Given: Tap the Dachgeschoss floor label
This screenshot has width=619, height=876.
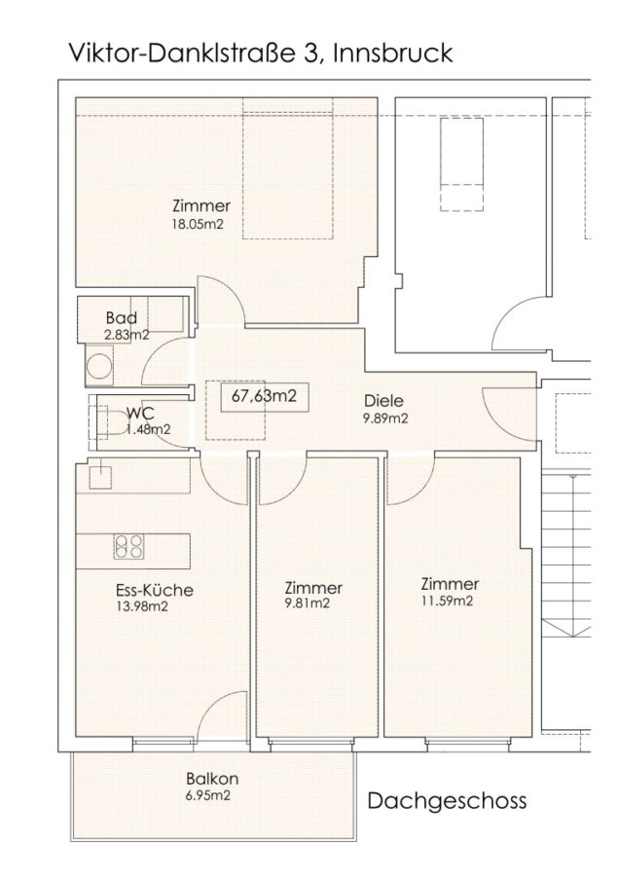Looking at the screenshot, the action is click(x=447, y=801).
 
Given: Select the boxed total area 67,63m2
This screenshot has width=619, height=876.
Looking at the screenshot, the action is click(x=264, y=396).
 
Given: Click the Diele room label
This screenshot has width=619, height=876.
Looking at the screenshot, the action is click(x=383, y=401).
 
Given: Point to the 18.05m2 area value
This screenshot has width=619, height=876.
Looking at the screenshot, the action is click(x=201, y=224).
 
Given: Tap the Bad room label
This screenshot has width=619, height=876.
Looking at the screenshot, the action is click(x=122, y=318).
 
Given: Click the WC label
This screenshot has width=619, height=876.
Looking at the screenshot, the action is click(x=140, y=414).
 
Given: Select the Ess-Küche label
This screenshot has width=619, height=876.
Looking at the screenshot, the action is click(x=154, y=590).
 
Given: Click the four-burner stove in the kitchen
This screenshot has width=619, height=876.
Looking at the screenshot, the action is click(x=128, y=546).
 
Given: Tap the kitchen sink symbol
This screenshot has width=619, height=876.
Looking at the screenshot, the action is click(x=100, y=477).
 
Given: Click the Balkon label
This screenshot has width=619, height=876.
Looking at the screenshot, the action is click(x=212, y=779).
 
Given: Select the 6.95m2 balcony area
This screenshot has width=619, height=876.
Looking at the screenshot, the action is click(x=209, y=795).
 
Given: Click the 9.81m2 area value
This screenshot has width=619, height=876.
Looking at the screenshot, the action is click(x=307, y=603).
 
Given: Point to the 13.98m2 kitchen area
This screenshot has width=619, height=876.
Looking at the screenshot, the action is click(x=142, y=606).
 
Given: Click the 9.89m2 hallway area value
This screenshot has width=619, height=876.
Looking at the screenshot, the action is click(x=384, y=419).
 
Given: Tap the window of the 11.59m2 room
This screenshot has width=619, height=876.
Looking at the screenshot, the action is click(x=468, y=741).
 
